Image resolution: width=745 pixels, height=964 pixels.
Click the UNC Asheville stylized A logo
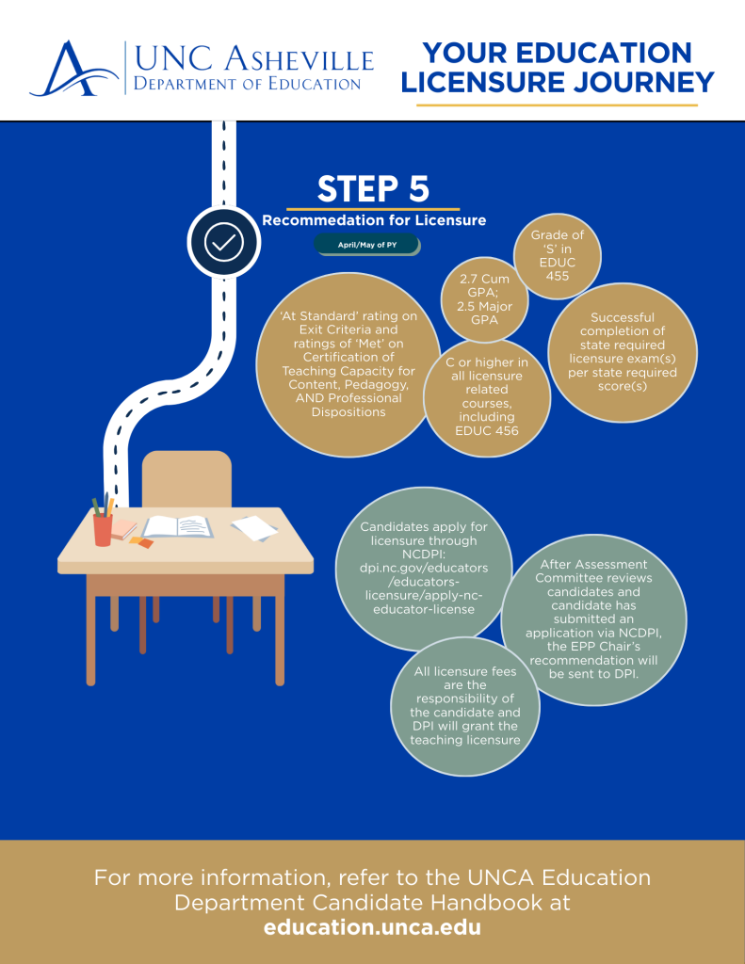click(x=73, y=69)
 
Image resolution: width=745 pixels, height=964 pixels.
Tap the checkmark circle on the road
click(x=224, y=242)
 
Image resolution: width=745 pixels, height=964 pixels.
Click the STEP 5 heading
click(x=373, y=188)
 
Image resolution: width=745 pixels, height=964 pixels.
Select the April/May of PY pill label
click(x=367, y=245)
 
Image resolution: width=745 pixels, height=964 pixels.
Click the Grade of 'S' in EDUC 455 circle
click(x=558, y=256)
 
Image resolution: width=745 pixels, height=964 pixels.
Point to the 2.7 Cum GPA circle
click(x=484, y=299)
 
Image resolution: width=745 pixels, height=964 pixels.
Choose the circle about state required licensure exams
click(x=622, y=352)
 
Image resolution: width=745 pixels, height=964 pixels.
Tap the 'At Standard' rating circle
click(x=348, y=364)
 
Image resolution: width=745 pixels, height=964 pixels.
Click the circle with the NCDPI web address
click(x=424, y=568)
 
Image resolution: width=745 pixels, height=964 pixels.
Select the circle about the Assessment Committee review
click(x=593, y=619)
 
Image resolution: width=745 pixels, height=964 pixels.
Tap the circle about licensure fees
click(x=465, y=706)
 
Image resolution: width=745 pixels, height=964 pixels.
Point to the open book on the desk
click(x=178, y=527)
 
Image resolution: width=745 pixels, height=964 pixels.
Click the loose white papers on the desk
click(x=254, y=528)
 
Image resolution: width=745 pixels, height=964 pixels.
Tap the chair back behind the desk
click(x=186, y=479)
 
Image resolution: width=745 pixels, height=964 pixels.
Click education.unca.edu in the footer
click(x=372, y=927)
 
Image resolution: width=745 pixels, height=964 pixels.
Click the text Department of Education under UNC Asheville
click(x=248, y=84)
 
